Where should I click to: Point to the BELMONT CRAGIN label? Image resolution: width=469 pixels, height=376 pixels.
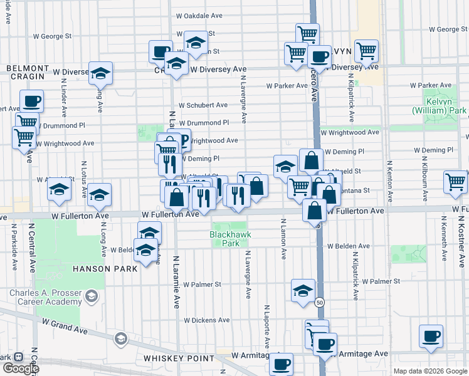pyautogui.click(x=28, y=72)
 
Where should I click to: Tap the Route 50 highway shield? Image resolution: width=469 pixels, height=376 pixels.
pyautogui.click(x=319, y=301)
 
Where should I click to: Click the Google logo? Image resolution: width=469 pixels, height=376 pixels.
pyautogui.click(x=20, y=368)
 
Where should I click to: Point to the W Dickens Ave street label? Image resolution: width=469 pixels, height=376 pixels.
pyautogui.click(x=207, y=320)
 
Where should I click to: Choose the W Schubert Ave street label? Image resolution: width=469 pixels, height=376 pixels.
pyautogui.click(x=203, y=105)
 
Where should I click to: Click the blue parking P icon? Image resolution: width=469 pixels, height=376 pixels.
pyautogui.click(x=184, y=140)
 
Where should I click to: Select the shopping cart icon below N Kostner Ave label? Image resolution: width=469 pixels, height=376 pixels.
pyautogui.click(x=455, y=182)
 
